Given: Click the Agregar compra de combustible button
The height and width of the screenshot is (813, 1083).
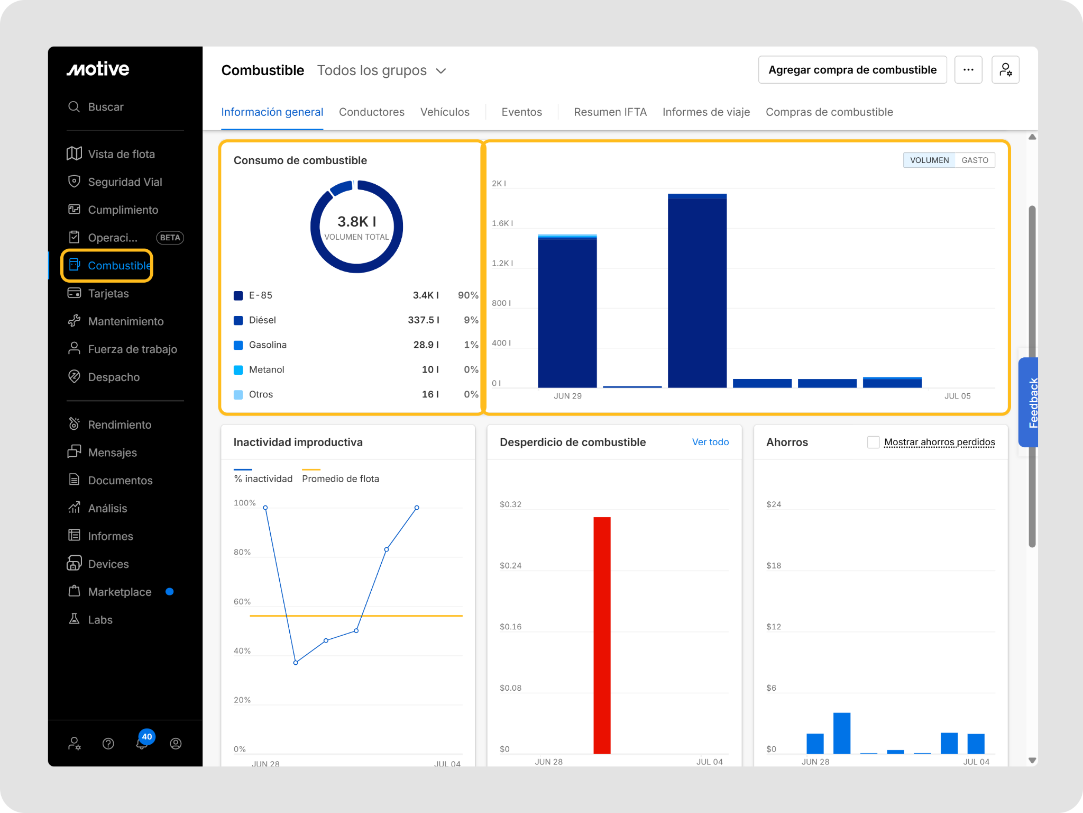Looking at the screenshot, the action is pos(852,70).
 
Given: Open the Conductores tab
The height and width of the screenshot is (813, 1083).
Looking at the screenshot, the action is pos(371,112).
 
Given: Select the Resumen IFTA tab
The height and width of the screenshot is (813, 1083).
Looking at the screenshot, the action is pos(610,112).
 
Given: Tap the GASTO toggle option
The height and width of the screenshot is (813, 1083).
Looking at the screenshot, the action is pos(975,160).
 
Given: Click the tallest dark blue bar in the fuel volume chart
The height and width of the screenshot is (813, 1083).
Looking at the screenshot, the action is pos(697,291).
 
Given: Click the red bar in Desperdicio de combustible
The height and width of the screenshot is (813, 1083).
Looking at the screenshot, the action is pos(602,635).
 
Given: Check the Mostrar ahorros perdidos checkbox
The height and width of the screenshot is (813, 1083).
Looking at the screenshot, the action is pos(873,442).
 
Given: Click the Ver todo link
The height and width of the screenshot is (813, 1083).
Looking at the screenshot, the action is pos(710,442).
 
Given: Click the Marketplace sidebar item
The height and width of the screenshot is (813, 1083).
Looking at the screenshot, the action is pos(120,592).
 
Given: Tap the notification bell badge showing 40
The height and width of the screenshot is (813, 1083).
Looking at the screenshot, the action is pos(146,737).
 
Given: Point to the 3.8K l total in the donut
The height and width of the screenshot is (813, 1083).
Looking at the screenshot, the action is pos(357,221).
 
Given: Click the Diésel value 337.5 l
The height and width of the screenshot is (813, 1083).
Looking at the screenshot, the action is pos(424,320).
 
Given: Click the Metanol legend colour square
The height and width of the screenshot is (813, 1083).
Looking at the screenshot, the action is pos(238,370).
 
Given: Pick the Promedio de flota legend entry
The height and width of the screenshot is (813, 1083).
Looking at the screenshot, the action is pos(341,478).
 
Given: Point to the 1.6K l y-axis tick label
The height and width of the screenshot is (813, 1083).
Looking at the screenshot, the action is pos(502,223).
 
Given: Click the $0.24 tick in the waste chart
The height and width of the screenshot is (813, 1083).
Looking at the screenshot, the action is pos(510,565).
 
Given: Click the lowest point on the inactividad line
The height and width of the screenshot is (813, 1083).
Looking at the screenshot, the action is pos(296,663).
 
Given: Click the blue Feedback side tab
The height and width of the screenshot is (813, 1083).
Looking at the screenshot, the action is pos(1029,402).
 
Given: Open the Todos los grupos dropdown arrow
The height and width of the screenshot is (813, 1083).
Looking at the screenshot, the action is pos(441,71).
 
